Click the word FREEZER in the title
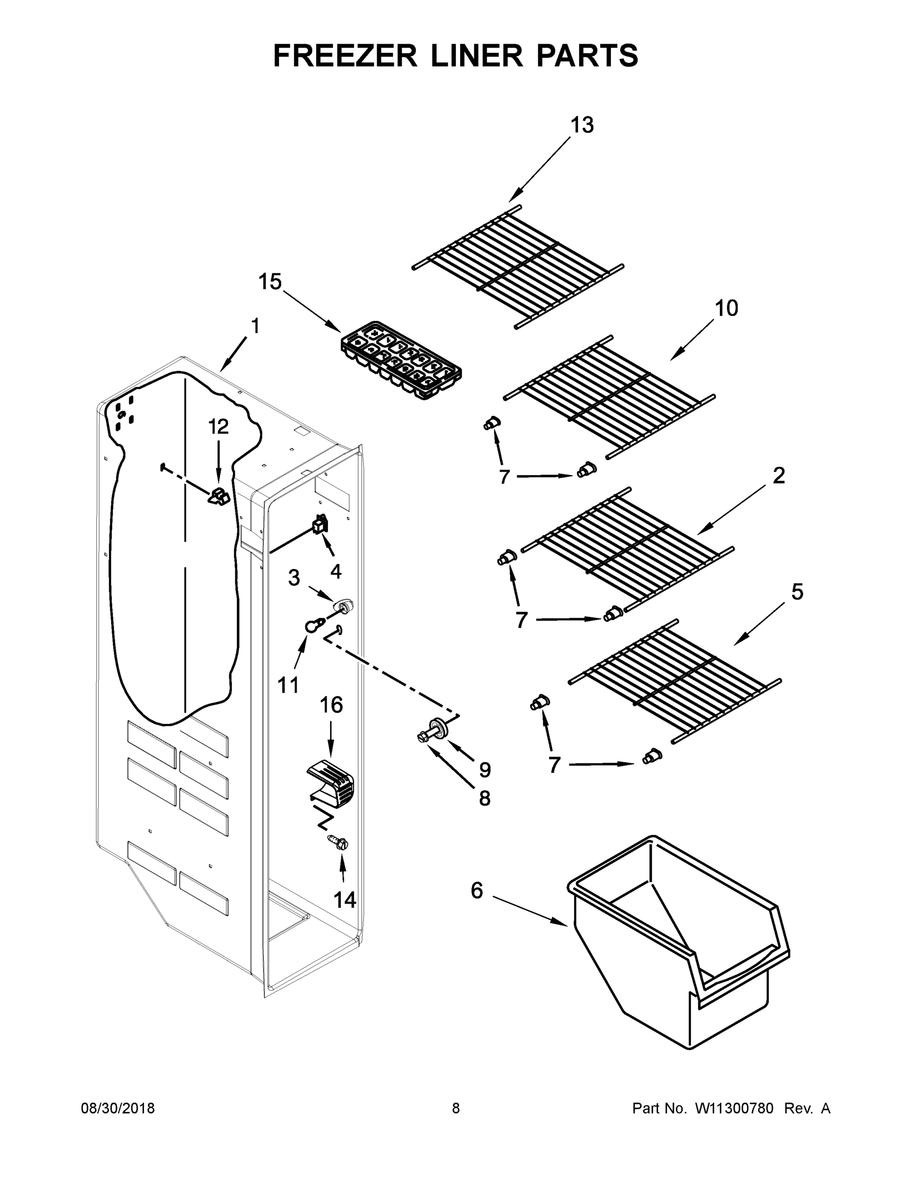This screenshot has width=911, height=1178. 345,55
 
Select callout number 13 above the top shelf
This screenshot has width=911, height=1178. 582,125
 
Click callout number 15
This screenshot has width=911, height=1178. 270,282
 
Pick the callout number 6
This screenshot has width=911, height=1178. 476,890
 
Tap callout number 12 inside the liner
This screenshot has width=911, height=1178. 219,427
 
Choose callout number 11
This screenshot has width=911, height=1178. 288,685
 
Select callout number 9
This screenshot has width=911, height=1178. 485,770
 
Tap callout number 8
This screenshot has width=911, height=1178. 484,798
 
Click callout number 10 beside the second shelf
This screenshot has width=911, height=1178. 726,309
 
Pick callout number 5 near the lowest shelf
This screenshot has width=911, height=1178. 797,592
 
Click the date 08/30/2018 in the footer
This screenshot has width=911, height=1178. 118,1108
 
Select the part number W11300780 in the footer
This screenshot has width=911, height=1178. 734,1108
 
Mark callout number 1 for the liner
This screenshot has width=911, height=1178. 254,326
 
